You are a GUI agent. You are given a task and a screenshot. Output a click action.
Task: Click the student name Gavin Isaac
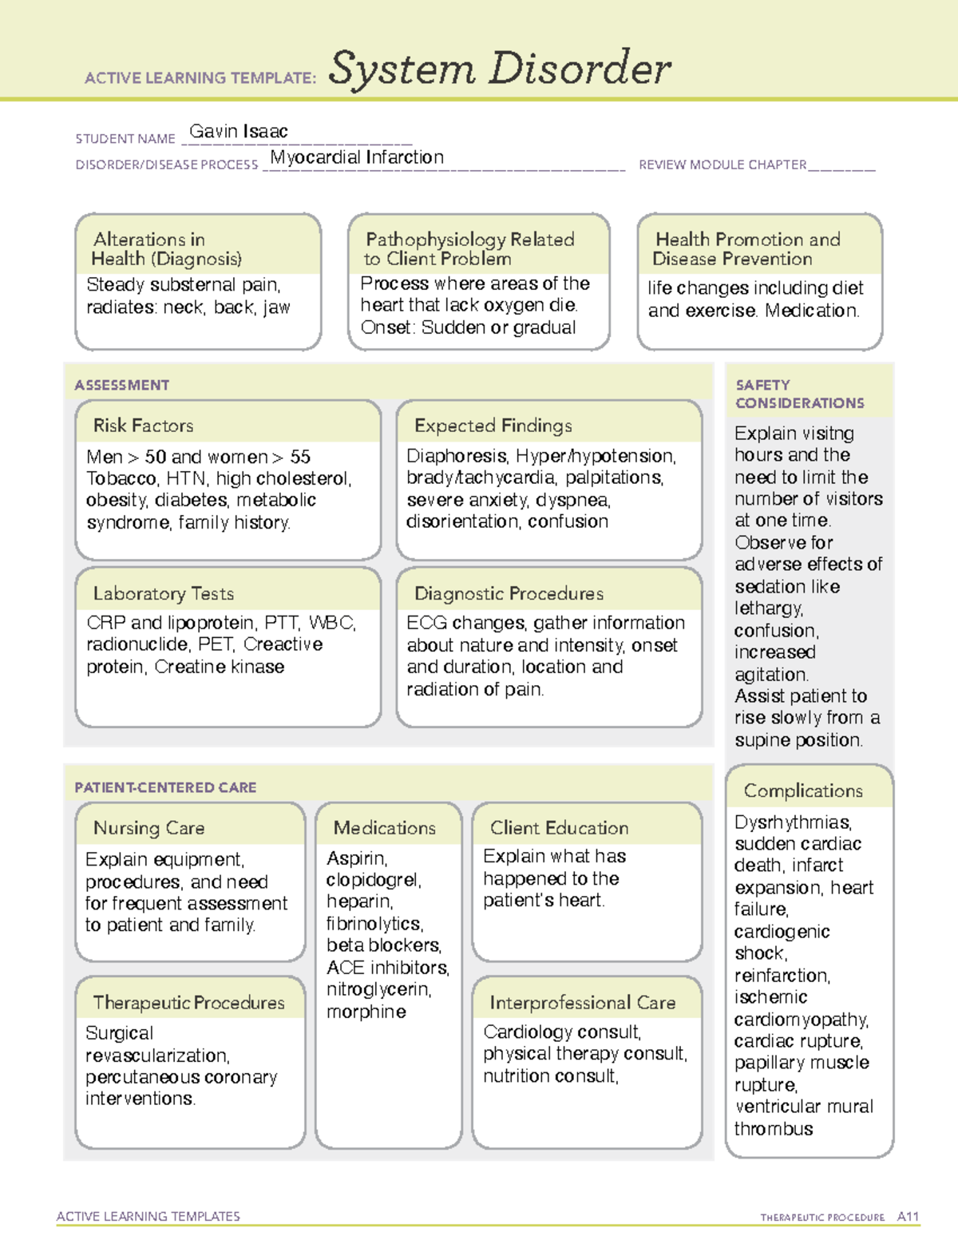tap(238, 132)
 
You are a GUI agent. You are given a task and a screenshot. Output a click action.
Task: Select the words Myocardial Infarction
tap(357, 157)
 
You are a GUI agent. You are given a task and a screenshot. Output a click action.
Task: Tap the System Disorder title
tap(500, 69)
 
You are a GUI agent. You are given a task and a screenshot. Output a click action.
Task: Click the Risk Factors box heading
tap(143, 426)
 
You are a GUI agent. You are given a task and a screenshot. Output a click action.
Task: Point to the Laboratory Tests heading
tap(164, 593)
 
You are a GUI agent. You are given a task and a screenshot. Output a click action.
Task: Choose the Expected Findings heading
tap(493, 426)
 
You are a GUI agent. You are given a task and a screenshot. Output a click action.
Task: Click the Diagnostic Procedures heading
tap(509, 593)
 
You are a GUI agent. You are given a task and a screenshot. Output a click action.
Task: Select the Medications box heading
tap(384, 828)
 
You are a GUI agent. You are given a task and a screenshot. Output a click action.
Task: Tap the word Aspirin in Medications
tap(356, 858)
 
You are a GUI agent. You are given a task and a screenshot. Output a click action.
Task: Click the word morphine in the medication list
tap(366, 1012)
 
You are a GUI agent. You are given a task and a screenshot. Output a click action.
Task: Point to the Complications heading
tap(803, 790)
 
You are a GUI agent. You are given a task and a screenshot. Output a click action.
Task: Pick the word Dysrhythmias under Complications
tap(793, 822)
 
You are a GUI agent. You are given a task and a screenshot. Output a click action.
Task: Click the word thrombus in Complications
tap(774, 1129)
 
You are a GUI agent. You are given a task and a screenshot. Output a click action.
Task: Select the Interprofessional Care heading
tap(582, 1002)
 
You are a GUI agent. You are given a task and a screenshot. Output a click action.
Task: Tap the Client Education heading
tap(559, 828)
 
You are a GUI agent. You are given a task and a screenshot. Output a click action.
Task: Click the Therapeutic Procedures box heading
tap(188, 1002)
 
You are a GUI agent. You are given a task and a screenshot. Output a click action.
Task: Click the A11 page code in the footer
tap(908, 1217)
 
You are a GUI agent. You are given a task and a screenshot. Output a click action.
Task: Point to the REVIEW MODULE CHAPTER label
tap(722, 164)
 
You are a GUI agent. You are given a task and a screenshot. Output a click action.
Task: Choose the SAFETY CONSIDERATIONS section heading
tap(799, 394)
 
